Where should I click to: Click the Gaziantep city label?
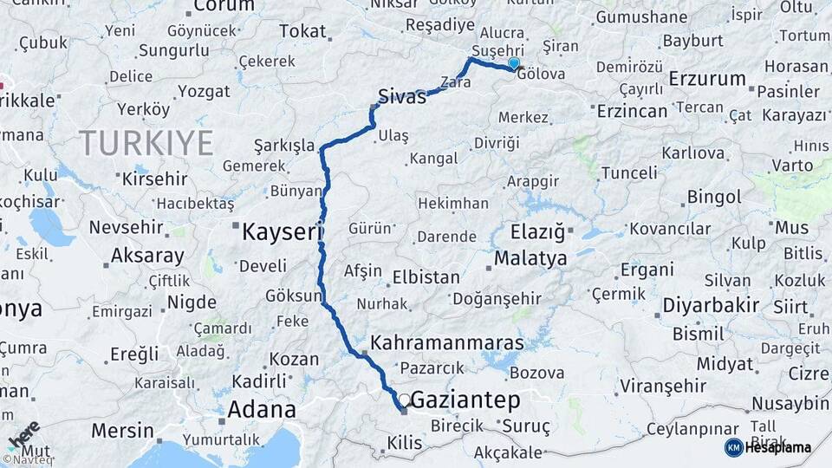[x=465, y=400]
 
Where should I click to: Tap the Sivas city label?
[x=402, y=97]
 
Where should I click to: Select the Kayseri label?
[x=283, y=232]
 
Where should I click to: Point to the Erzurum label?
[x=707, y=79]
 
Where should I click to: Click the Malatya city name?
[x=530, y=258]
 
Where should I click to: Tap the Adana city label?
[x=261, y=409]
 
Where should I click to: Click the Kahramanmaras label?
[x=447, y=342]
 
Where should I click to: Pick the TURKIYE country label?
[x=146, y=143]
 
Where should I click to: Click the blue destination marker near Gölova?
[x=514, y=63]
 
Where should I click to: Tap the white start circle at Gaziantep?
[x=404, y=399]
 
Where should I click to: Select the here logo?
[x=24, y=436]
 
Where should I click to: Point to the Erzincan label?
[x=633, y=111]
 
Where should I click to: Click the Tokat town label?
[x=302, y=31]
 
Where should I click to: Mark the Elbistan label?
[x=426, y=278]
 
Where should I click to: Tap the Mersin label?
[x=122, y=431]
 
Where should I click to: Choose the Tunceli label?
[x=629, y=172]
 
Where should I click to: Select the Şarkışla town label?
[x=284, y=145]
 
